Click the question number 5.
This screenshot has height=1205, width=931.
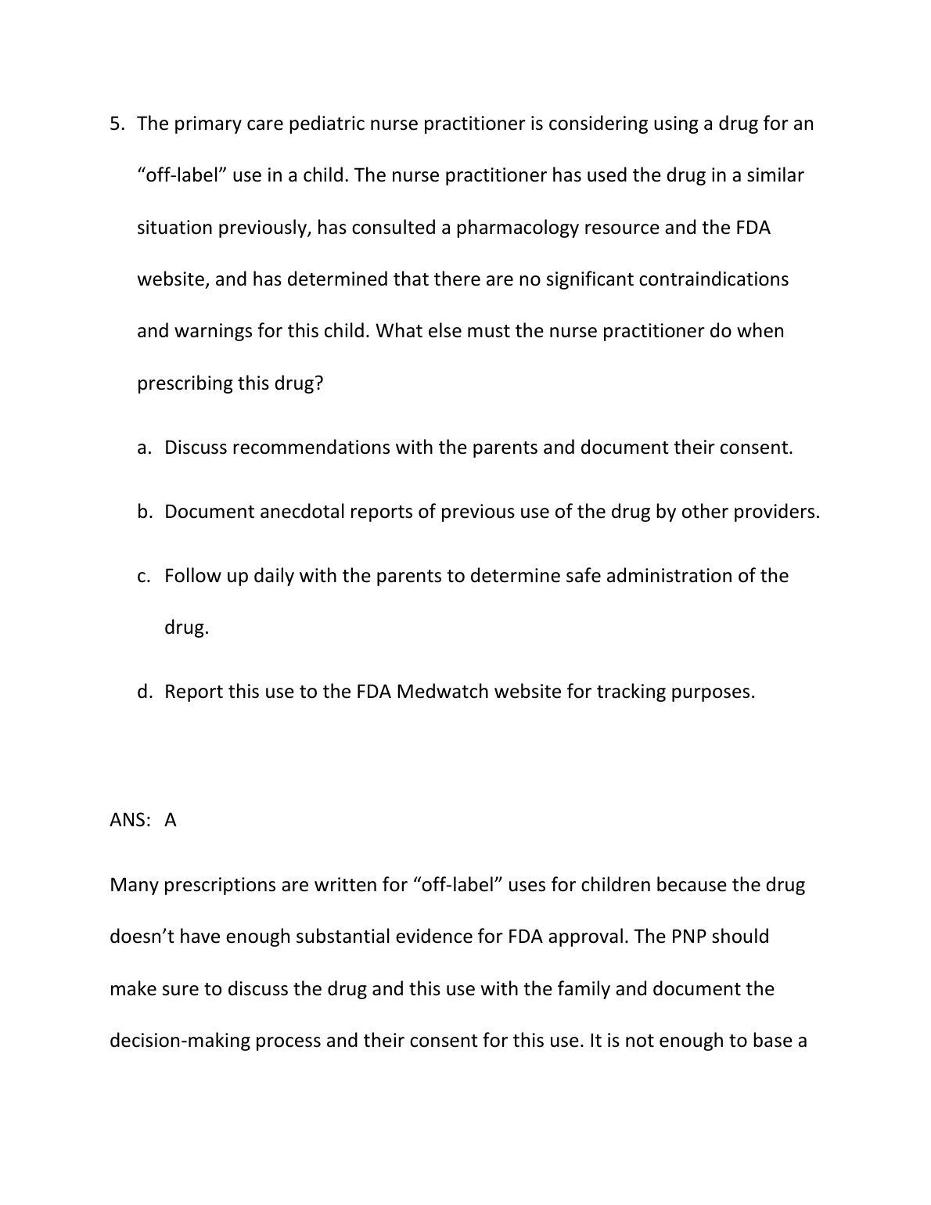click(x=117, y=124)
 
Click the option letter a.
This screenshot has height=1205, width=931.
click(x=142, y=448)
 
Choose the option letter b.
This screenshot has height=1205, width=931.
click(x=143, y=512)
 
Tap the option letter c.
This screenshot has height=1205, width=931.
click(x=142, y=576)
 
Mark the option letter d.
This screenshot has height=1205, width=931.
click(x=143, y=692)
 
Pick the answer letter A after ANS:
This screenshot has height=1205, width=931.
click(x=171, y=820)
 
